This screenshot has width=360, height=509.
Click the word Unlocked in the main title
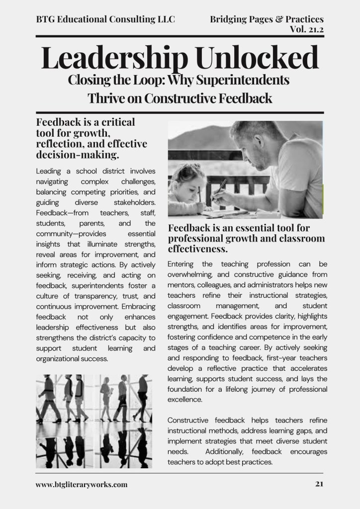click(x=258, y=58)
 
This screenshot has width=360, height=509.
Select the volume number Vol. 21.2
click(x=306, y=29)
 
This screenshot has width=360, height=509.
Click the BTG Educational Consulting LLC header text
click(x=105, y=19)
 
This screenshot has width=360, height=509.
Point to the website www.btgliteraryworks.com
click(x=82, y=484)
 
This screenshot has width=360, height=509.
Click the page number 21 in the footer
click(x=320, y=484)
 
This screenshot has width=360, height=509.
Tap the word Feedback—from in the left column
click(x=60, y=213)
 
